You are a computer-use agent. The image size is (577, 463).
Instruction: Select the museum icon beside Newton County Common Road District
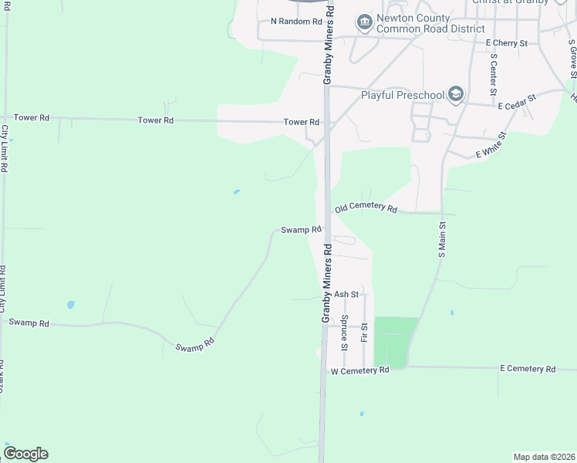[364, 24]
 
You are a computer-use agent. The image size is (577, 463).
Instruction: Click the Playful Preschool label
[403, 95]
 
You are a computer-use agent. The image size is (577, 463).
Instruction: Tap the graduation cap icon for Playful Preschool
[456, 95]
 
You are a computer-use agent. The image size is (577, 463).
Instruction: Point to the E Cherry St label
[506, 43]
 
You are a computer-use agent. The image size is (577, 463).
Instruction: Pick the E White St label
[490, 145]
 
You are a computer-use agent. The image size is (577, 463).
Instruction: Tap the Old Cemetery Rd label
[366, 208]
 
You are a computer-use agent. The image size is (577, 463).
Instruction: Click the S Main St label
[442, 238]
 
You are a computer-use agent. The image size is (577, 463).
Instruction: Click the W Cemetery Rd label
[359, 370]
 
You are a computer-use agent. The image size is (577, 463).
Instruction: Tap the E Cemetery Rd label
[528, 370]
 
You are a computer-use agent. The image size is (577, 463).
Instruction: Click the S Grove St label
[572, 58]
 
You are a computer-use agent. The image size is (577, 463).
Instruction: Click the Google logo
[25, 454]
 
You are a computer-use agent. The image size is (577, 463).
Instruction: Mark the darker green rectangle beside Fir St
[396, 341]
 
